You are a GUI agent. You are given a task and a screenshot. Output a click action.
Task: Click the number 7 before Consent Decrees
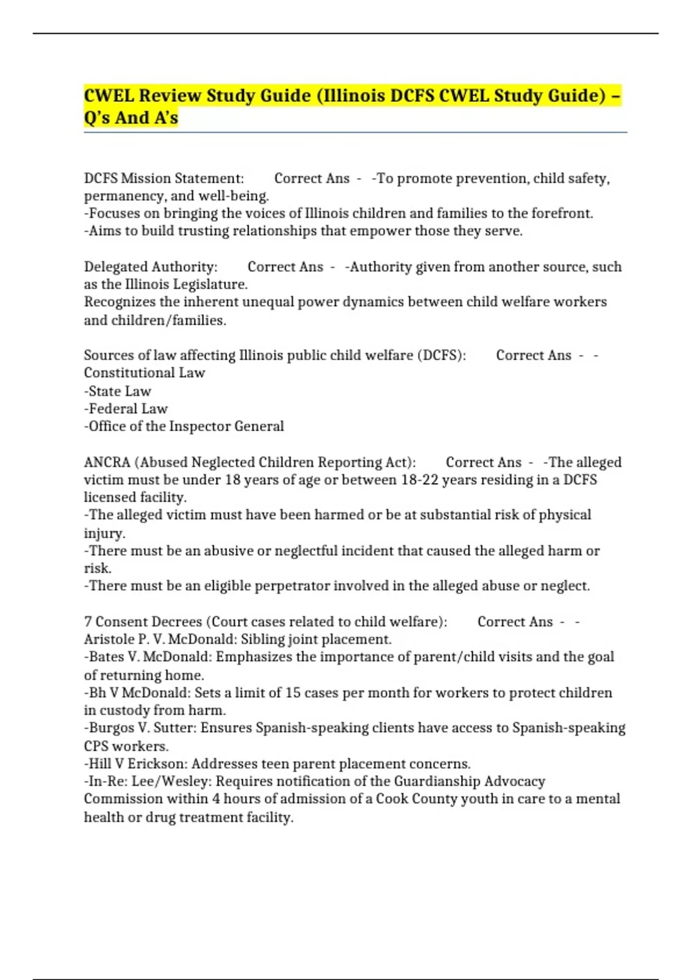(88, 622)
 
